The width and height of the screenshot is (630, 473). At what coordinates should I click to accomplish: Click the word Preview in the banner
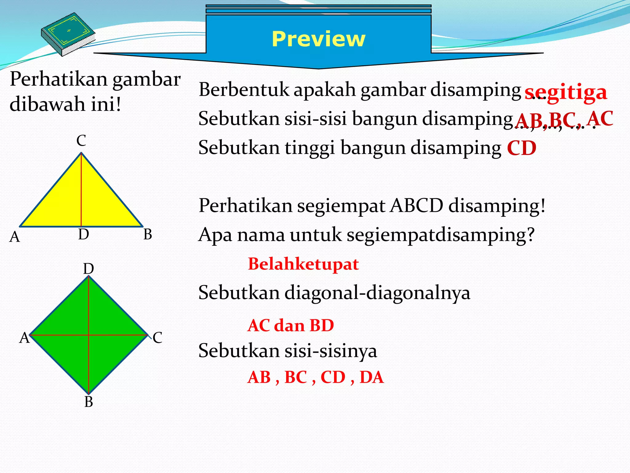pyautogui.click(x=318, y=39)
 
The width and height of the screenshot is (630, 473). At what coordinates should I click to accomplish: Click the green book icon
pyautogui.click(x=68, y=34)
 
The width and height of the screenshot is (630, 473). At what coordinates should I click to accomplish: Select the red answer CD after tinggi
pyautogui.click(x=522, y=148)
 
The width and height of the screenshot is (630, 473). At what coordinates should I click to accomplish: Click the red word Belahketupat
pyautogui.click(x=303, y=264)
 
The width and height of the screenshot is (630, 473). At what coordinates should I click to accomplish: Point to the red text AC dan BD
pyautogui.click(x=291, y=325)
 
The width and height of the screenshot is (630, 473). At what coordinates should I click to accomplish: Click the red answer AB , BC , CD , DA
pyautogui.click(x=316, y=377)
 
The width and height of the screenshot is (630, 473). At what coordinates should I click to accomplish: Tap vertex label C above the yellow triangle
pyautogui.click(x=81, y=141)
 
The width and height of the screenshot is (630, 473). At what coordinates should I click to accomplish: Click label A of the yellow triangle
pyautogui.click(x=15, y=237)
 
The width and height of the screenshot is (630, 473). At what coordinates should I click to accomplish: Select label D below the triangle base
pyautogui.click(x=83, y=235)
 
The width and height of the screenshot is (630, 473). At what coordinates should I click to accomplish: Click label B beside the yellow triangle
pyautogui.click(x=148, y=235)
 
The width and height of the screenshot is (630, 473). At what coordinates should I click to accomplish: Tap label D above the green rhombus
pyautogui.click(x=89, y=269)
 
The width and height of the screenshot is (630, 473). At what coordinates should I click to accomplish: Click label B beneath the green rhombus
pyautogui.click(x=89, y=402)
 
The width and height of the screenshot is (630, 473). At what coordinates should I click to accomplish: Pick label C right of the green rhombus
pyautogui.click(x=157, y=338)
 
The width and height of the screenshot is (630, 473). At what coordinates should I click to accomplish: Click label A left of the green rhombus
pyautogui.click(x=24, y=338)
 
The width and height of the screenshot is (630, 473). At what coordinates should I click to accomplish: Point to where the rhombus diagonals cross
pyautogui.click(x=89, y=335)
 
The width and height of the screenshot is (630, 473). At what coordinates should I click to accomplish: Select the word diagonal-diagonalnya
pyautogui.click(x=377, y=293)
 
